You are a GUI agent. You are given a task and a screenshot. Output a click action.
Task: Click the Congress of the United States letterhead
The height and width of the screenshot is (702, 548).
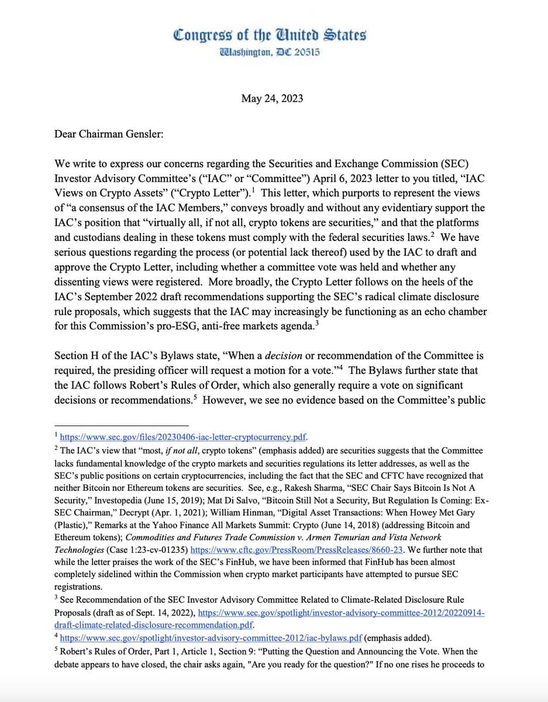(270, 35)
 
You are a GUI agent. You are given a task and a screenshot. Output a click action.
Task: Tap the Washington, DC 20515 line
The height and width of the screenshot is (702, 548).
(270, 52)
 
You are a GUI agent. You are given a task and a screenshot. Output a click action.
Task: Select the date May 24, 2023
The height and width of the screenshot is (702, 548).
(272, 98)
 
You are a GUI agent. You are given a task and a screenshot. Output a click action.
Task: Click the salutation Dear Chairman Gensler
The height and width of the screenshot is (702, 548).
(109, 134)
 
